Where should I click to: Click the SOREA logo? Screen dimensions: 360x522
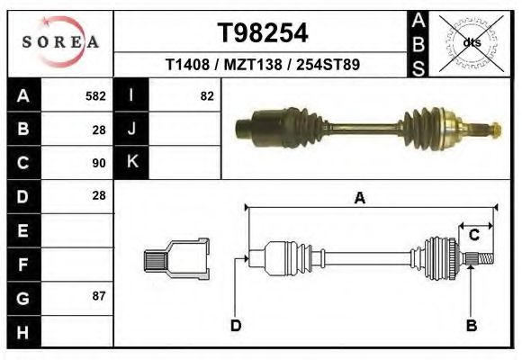60,42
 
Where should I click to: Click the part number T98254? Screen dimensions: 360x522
263,33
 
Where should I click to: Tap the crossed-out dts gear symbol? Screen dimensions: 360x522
471,41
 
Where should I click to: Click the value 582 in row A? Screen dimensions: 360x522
95,96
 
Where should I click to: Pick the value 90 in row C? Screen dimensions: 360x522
99,163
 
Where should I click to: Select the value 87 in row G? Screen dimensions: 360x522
99,295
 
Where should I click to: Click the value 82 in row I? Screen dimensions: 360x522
207,96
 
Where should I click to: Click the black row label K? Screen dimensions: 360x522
131,163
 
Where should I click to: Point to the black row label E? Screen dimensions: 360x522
22,230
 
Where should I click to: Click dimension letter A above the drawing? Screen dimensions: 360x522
360,199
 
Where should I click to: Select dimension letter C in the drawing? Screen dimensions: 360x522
473,235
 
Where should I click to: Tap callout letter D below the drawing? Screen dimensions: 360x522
235,326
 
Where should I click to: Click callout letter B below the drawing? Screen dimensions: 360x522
470,326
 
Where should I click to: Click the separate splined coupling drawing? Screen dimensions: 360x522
176,258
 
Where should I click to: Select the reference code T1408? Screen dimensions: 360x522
187,66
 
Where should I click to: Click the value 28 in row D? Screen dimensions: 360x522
99,195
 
